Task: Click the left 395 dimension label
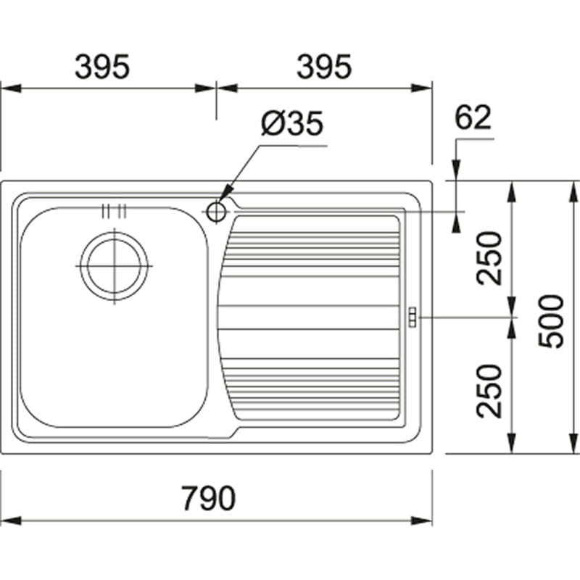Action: [102, 67]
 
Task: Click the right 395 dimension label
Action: [324, 67]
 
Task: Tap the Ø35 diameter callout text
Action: [292, 123]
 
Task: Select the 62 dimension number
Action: [473, 117]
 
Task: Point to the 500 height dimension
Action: [551, 320]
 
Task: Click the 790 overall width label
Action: [208, 498]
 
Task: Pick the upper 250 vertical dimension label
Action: [489, 258]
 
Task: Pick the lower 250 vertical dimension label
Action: [489, 391]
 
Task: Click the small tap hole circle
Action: [216, 212]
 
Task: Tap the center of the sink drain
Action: [115, 266]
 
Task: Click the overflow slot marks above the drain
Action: [115, 211]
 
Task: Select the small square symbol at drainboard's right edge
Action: [413, 317]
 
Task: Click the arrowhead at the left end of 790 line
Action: [11, 521]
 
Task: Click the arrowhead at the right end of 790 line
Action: [422, 521]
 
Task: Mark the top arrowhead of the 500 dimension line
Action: [573, 191]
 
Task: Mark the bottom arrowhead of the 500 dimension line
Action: [573, 443]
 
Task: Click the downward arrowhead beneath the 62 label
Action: [457, 170]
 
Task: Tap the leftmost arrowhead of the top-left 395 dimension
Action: [11, 88]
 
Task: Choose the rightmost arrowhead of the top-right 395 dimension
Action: [422, 88]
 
